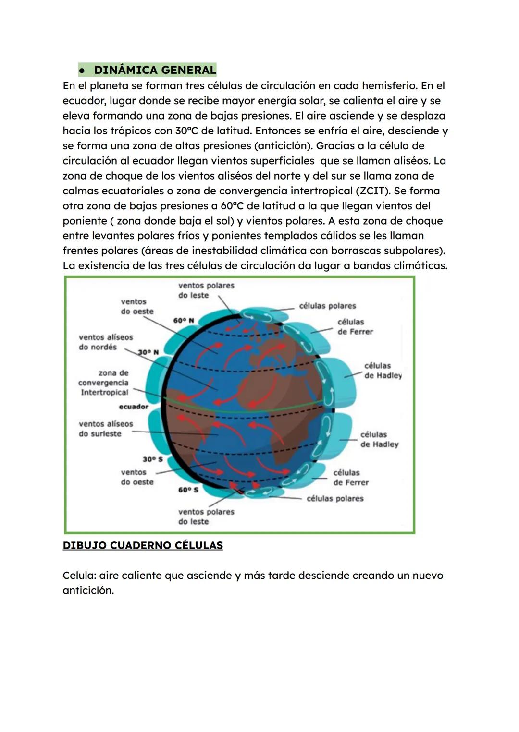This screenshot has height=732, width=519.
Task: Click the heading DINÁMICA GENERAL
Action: coord(155,70)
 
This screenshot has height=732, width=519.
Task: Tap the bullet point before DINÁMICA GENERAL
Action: coord(83,71)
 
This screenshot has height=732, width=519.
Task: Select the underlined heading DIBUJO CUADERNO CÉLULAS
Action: coord(143,546)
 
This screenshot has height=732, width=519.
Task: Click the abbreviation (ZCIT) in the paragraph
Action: coord(373,191)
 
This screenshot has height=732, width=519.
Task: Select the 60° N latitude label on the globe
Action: coord(184,320)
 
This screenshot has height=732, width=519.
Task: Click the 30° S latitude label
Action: coord(152,459)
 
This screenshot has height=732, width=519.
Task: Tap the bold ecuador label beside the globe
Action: coord(134,407)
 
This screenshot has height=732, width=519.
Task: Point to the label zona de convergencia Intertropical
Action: coord(104,383)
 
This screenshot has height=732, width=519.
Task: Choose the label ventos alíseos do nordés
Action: coord(106,342)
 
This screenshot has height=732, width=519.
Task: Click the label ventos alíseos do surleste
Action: coord(106,429)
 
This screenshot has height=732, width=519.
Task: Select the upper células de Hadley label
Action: coord(383,371)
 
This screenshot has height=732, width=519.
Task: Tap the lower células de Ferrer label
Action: coord(351,478)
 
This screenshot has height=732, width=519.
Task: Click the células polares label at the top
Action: coord(327,306)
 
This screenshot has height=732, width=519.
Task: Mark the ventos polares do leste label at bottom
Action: coord(206,516)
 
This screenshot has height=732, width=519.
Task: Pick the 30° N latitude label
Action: coord(148,352)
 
